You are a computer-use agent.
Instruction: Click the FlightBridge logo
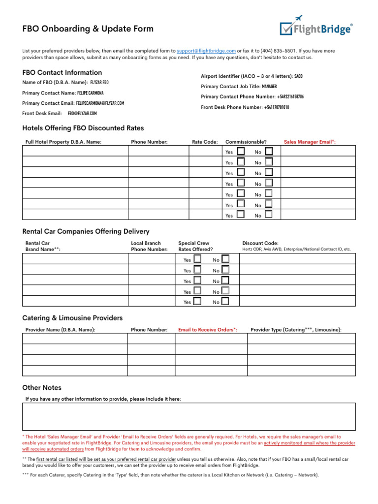pos(316,27)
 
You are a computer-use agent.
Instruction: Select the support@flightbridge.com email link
pos(206,51)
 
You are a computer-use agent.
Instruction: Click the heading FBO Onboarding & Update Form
pos(88,29)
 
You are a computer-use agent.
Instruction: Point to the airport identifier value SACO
pos(298,76)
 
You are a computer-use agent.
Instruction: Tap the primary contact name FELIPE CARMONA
pos(90,93)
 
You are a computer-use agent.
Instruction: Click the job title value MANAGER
pos(269,86)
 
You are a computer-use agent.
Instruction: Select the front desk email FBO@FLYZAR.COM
pos(82,113)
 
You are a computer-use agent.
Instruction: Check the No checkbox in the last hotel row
pos(269,214)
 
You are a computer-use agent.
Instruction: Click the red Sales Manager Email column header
pos(310,142)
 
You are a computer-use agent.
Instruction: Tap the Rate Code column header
pos(205,142)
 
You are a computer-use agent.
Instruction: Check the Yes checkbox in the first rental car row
pos(197,258)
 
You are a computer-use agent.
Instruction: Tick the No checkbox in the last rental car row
pos(225,301)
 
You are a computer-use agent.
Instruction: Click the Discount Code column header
pos(260,243)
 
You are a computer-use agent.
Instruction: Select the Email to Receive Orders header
pos(207,330)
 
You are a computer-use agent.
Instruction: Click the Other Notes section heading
pos(42,388)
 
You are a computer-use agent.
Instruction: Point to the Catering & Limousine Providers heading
pos(72,318)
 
